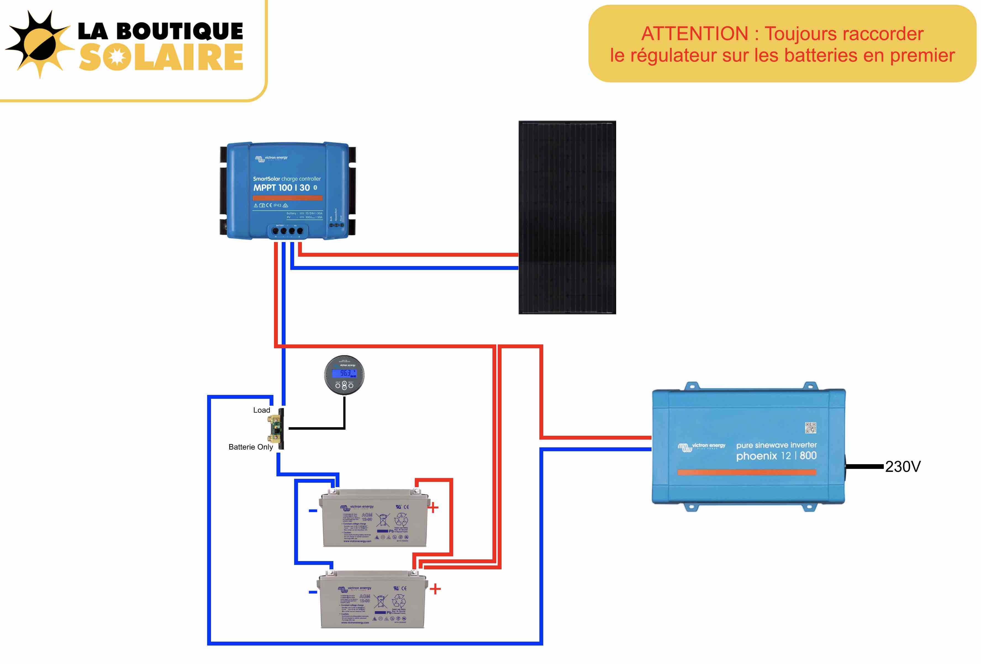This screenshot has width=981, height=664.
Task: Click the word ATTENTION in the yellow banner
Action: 694,34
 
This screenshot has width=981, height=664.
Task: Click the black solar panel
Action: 567,217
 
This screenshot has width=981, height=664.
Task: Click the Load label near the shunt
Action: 261,410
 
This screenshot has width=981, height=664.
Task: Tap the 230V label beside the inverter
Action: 903,467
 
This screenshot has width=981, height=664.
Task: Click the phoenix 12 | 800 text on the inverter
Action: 776,456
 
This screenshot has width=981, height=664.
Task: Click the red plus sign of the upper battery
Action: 433,508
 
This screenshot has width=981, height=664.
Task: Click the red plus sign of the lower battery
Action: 435,589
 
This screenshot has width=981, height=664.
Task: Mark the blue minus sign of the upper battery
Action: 313,511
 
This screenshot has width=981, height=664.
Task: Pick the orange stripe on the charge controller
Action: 288,198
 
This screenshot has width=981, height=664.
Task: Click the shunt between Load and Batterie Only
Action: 277,429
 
